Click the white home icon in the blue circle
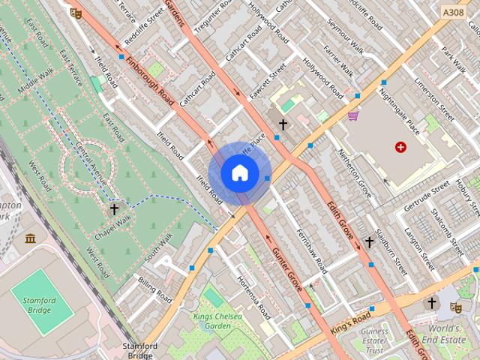pyautogui.click(x=239, y=173)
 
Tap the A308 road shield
pyautogui.click(x=453, y=13)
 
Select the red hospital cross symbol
pyautogui.click(x=401, y=147)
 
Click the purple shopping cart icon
pyautogui.click(x=352, y=116)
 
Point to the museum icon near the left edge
pyautogui.click(x=30, y=238)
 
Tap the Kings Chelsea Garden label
pyautogui.click(x=217, y=322)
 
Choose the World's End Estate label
pyautogui.click(x=447, y=333)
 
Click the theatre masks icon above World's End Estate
pyautogui.click(x=455, y=306)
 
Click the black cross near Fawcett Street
pyautogui.click(x=283, y=124)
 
